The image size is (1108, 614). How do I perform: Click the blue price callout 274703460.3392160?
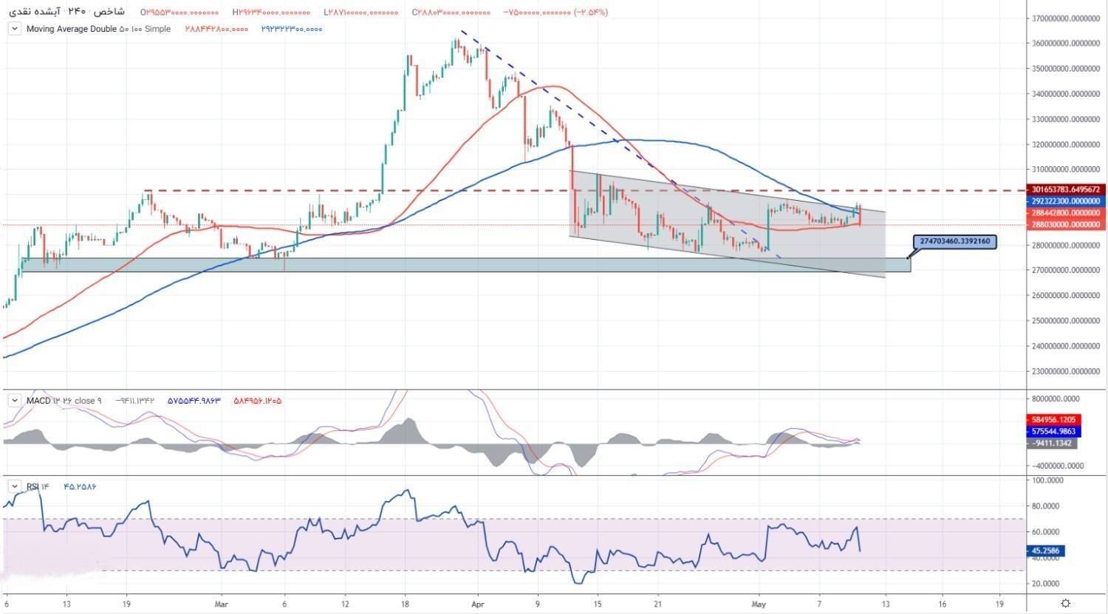(x=956, y=241)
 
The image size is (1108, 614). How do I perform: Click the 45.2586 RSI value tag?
(x=1051, y=551)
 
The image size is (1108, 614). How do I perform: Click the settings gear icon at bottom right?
(x=1065, y=603)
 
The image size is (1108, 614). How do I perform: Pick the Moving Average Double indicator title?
(x=72, y=29)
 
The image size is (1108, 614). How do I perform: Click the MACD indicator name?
(x=38, y=401)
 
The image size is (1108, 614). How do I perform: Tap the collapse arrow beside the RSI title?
(x=14, y=486)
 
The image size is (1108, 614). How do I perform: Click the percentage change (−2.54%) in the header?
(x=589, y=13)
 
